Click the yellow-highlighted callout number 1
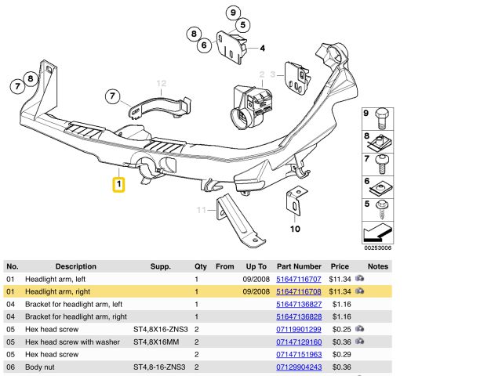pos(118,185)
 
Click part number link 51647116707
pos(299,279)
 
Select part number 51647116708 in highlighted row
pos(299,291)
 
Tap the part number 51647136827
pos(299,304)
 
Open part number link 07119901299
pos(299,329)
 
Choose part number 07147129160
pos(299,342)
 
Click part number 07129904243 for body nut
pos(299,367)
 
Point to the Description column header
pos(75,266)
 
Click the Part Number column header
pos(299,266)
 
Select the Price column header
pos(340,266)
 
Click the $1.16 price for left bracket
pos(340,304)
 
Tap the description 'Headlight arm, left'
pos(55,279)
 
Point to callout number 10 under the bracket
pos(295,230)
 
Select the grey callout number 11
pos(202,210)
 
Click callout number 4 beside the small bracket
pos(262,48)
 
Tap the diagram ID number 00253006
pos(376,248)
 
